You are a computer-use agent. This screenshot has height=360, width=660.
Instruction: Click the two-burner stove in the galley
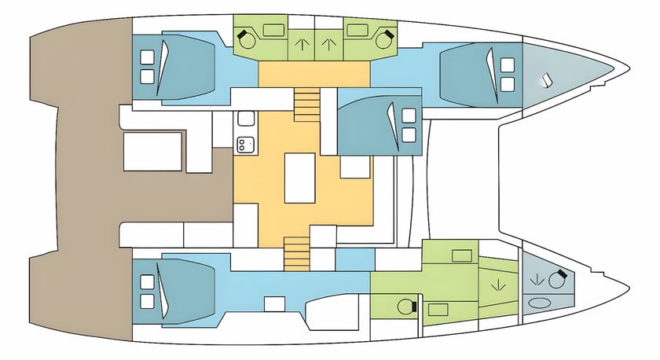coord(245,143)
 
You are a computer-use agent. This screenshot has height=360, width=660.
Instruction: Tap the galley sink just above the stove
coord(245,119)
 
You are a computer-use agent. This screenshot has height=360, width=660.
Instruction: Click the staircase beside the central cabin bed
coord(304,102)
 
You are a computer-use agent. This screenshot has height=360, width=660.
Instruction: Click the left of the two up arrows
coord(299,44)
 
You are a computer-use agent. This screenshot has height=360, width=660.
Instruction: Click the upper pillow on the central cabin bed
coord(409,116)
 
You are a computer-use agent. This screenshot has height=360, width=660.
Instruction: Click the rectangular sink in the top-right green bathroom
coord(357,31)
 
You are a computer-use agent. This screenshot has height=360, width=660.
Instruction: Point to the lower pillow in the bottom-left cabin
coord(146,301)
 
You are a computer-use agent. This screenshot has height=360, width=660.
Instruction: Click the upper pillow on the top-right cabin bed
coord(507,64)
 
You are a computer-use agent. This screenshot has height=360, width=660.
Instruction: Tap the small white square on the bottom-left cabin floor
coord(274,304)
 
